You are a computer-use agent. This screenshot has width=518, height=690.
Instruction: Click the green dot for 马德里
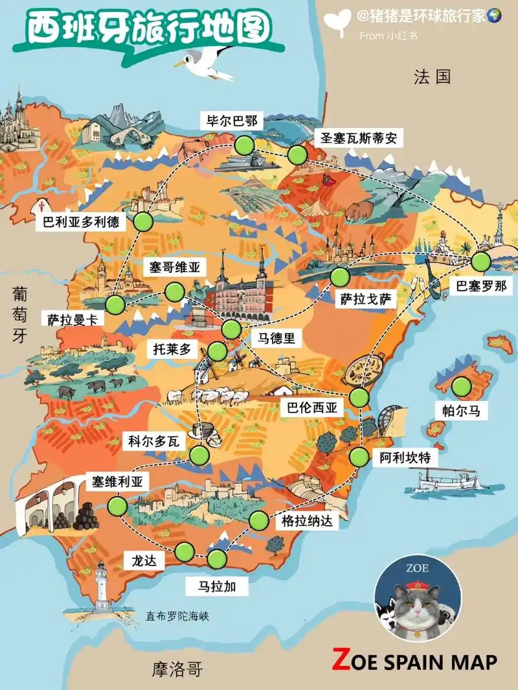pos(231,329)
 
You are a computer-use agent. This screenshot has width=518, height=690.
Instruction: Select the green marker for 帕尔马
pos(462,387)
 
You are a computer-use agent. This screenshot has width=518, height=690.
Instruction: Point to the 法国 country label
pos(432,78)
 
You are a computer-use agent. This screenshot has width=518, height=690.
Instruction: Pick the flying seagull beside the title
pos(206,63)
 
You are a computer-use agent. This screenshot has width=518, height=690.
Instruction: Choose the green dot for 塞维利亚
pos(118,506)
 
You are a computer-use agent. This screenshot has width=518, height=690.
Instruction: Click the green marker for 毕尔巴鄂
pos(245,145)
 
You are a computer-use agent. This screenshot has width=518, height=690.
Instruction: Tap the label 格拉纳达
pos(308,520)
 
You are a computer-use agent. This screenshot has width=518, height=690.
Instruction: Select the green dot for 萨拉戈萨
pos(339,277)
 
